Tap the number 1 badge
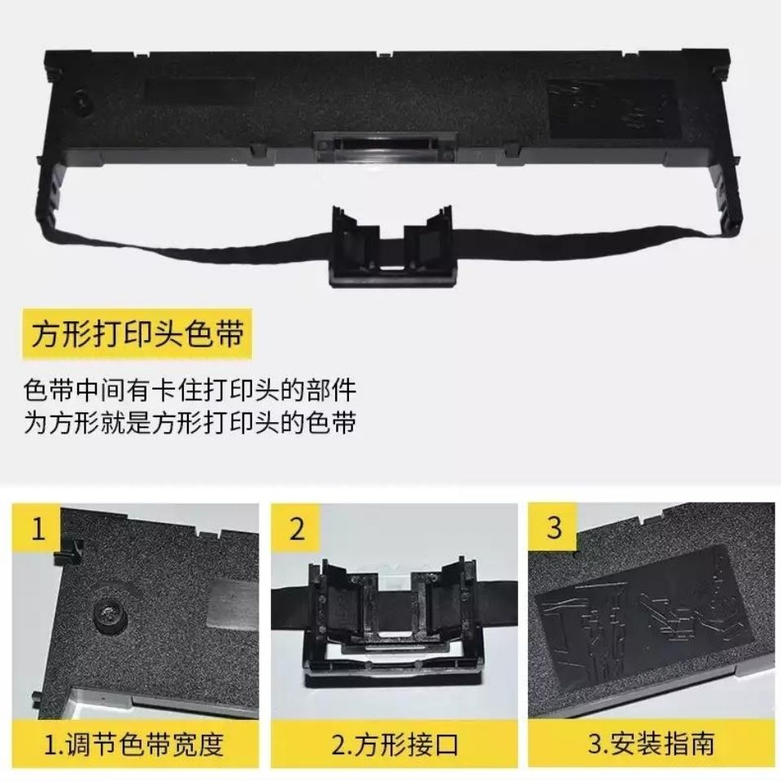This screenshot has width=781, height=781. [x=37, y=529]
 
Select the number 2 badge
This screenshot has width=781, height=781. [x=296, y=529]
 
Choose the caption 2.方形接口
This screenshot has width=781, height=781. [x=391, y=743]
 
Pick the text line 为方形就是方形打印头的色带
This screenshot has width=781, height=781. [x=190, y=423]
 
